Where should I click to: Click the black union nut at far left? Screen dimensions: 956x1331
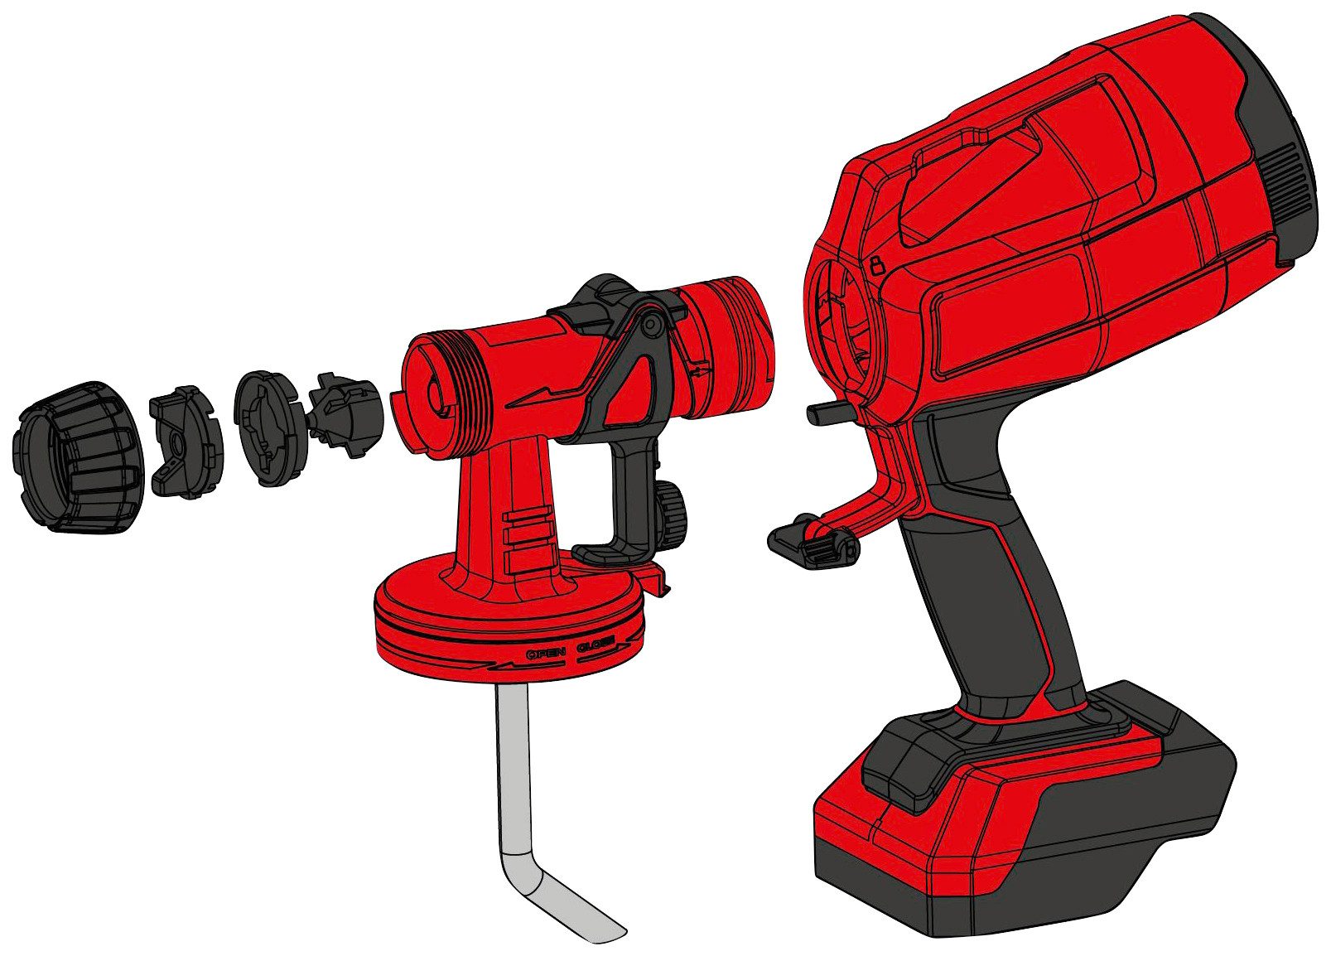tap(79, 457)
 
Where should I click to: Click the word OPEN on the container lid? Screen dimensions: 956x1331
tap(546, 654)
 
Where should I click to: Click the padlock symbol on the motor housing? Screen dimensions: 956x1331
tap(876, 264)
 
